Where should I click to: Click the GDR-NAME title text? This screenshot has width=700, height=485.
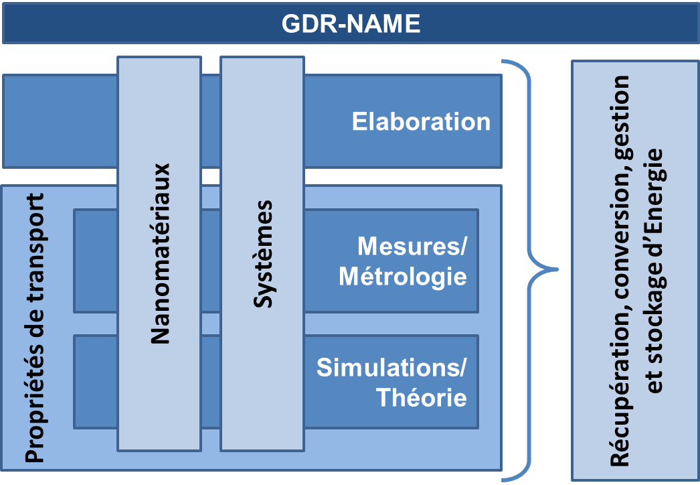pos(351,24)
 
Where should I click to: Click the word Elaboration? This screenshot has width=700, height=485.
pos(421,122)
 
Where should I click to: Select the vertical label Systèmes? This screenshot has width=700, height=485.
pos(264,253)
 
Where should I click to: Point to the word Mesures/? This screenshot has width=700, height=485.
pos(412,247)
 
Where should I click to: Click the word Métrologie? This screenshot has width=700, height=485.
pos(403,276)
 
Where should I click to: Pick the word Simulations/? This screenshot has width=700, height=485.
pos(391,368)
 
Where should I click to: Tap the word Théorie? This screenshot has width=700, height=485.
pos(422,397)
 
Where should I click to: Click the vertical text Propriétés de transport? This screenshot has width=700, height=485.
pos(35,328)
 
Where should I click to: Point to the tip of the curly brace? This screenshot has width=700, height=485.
pos(557,270)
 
